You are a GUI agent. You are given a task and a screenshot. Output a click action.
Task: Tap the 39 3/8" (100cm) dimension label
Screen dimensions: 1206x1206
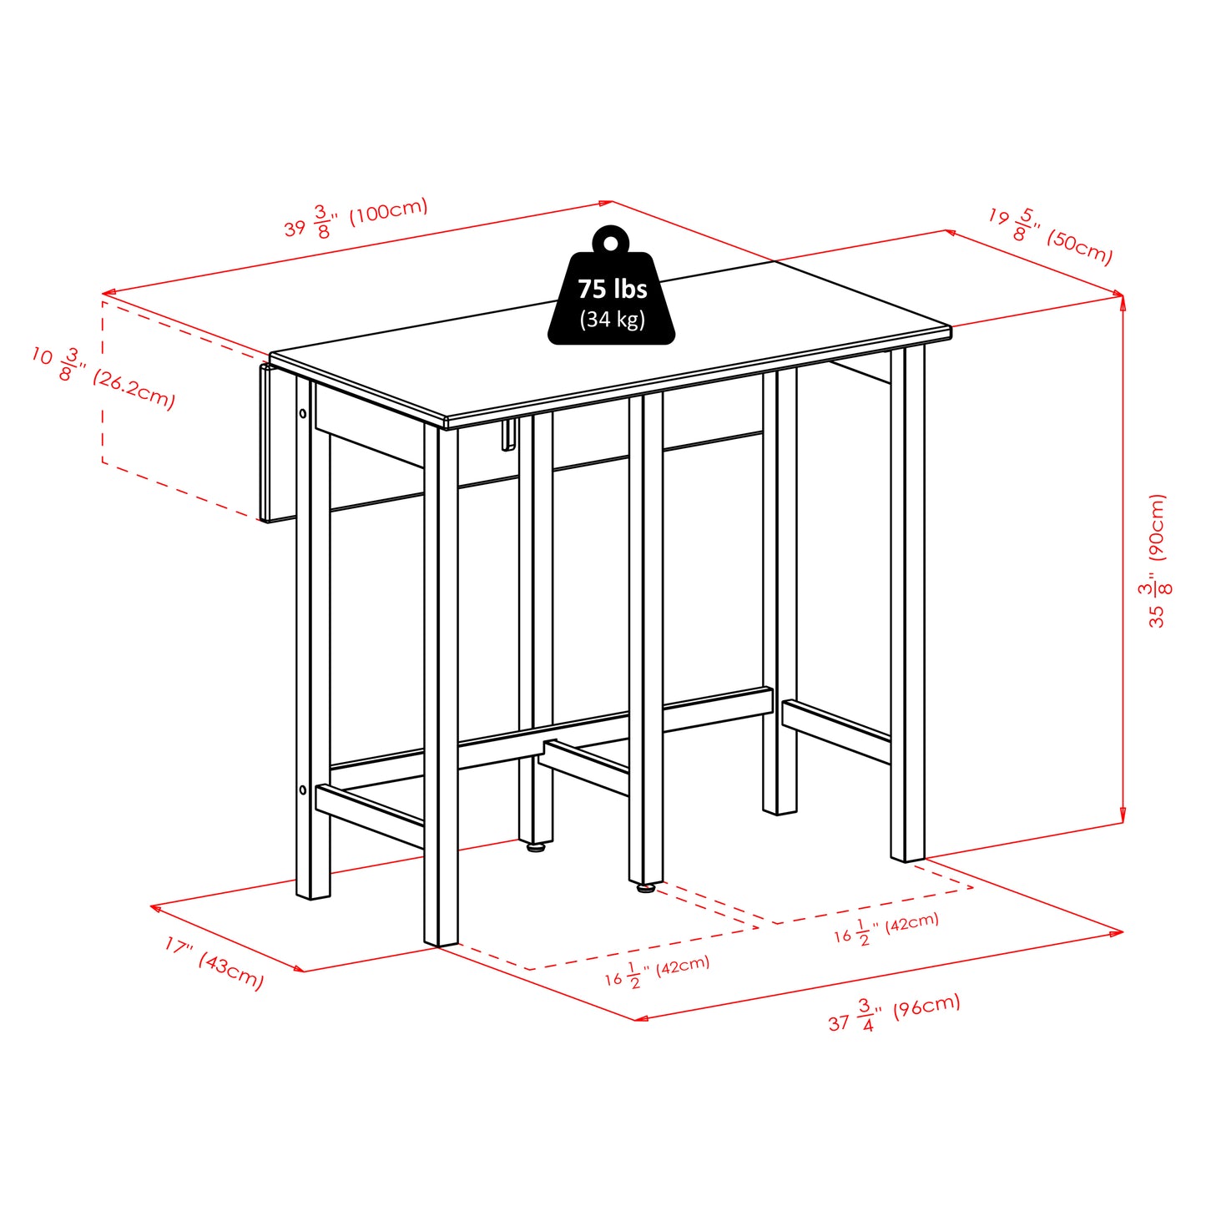(356, 218)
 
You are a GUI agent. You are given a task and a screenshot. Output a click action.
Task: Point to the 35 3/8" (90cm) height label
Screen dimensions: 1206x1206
(1158, 561)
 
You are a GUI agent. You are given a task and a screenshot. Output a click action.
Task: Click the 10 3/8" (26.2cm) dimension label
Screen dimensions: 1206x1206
(103, 378)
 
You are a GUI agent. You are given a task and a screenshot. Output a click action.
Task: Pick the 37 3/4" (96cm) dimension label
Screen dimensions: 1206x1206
(894, 1013)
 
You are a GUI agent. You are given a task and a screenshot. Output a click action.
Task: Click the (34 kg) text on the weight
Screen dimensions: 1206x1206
(613, 319)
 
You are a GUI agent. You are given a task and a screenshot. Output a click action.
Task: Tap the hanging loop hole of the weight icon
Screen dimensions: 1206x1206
(612, 243)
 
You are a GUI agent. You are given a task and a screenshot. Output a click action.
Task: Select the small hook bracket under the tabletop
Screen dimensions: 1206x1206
(507, 436)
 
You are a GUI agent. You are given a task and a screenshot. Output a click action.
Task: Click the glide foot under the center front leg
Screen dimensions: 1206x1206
(645, 889)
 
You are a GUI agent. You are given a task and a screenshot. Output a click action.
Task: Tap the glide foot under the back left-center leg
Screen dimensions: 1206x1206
(536, 846)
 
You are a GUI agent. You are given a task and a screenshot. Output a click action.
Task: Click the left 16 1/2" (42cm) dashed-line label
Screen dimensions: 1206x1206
(657, 971)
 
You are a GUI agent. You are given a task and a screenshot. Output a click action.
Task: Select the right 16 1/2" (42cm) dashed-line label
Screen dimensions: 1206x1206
(886, 928)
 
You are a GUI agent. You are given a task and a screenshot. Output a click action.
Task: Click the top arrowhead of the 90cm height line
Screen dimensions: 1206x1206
(1123, 300)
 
